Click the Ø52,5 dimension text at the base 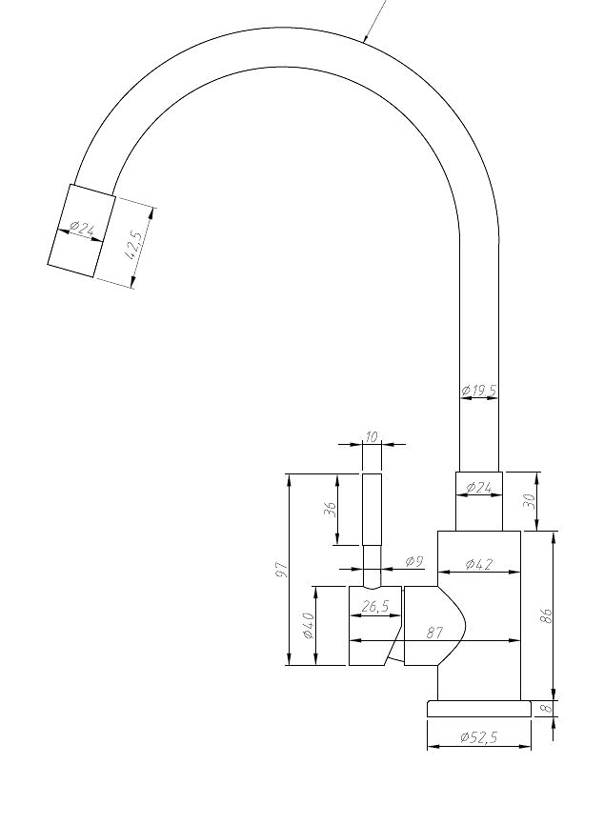[478, 737]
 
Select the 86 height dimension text [546, 615]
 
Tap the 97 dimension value [282, 569]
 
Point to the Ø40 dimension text [309, 626]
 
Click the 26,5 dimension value [374, 606]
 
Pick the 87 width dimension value [434, 632]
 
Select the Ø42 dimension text [478, 564]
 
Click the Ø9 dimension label [413, 562]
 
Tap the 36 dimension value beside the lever [331, 510]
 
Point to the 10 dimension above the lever [372, 436]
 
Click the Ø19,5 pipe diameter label [478, 391]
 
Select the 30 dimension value [530, 499]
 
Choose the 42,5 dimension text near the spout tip [136, 246]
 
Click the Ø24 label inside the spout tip [81, 230]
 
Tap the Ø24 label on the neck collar [478, 488]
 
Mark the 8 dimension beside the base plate [547, 708]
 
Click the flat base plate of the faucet [478, 709]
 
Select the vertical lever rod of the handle [372, 510]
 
